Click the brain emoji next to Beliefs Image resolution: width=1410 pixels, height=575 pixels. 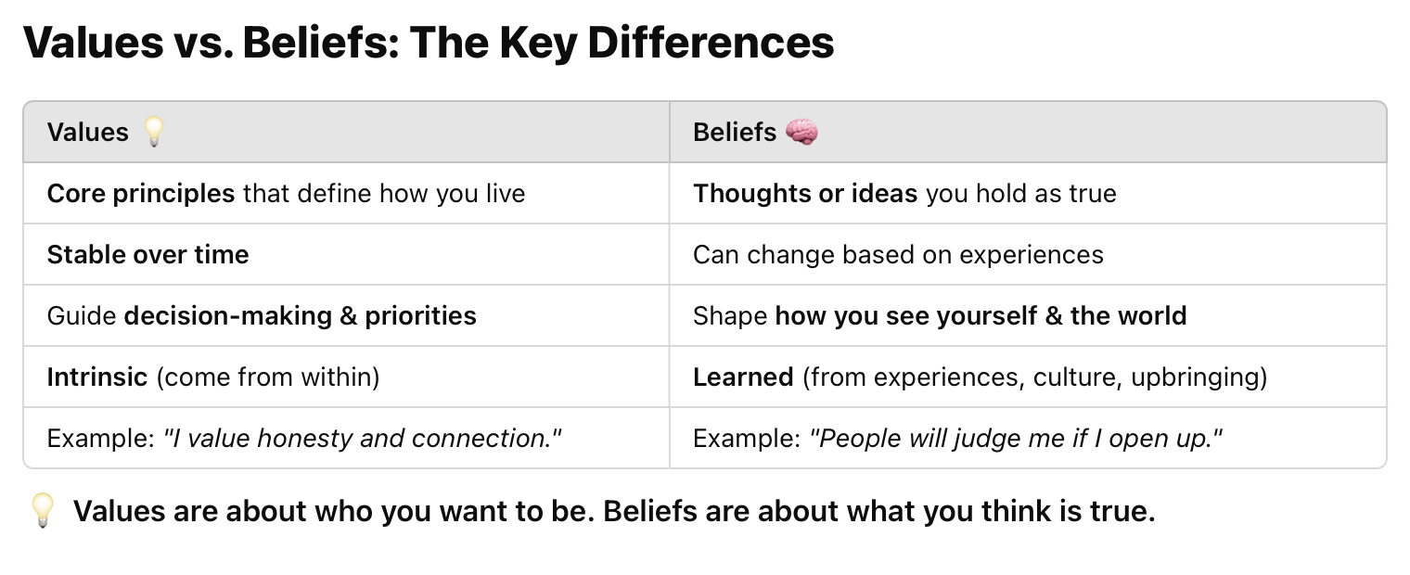click(x=801, y=133)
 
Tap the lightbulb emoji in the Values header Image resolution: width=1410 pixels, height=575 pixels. click(x=154, y=133)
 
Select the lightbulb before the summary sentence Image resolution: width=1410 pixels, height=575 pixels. click(x=43, y=511)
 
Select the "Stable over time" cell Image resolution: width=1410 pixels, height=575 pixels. click(x=148, y=255)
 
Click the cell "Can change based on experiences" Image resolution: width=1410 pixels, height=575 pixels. click(x=898, y=255)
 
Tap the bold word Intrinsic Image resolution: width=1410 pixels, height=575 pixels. click(x=97, y=377)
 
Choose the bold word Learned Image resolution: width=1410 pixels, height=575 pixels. click(x=743, y=377)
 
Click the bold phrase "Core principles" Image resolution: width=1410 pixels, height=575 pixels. click(x=141, y=194)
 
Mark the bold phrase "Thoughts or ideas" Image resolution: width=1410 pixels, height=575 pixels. click(x=805, y=194)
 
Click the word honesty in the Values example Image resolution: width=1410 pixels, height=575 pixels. click(x=306, y=439)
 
